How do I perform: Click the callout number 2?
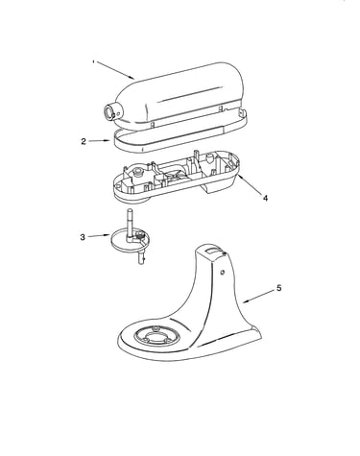pyautogui.click(x=84, y=141)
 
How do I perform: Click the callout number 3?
pyautogui.click(x=83, y=237)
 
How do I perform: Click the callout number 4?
pyautogui.click(x=265, y=198)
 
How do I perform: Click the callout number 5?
pyautogui.click(x=279, y=288)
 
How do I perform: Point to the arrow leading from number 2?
pyautogui.click(x=99, y=141)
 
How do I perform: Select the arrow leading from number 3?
pyautogui.click(x=99, y=236)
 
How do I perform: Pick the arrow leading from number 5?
pyautogui.click(x=258, y=297)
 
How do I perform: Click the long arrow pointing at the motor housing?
pyautogui.click(x=114, y=70)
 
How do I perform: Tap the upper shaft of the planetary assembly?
pyautogui.click(x=129, y=223)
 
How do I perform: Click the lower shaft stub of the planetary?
pyautogui.click(x=142, y=257)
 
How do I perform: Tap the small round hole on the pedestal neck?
pyautogui.click(x=222, y=273)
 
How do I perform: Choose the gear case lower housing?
pyautogui.click(x=177, y=177)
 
